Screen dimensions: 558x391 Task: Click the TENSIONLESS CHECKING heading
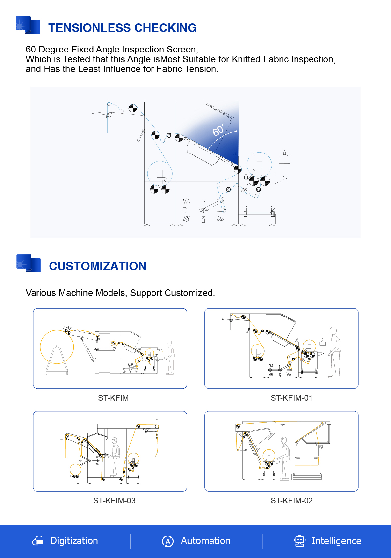(x=122, y=28)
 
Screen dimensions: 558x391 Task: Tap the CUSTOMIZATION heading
(x=97, y=266)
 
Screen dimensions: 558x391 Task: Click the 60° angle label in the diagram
(x=219, y=130)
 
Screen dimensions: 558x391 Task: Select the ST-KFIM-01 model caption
(x=291, y=398)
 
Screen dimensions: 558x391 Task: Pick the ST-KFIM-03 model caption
(x=114, y=501)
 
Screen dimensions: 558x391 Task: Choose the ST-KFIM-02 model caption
(x=291, y=501)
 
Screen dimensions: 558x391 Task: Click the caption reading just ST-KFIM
(x=113, y=398)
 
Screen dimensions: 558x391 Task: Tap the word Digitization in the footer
(x=74, y=541)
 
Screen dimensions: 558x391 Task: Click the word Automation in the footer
(x=206, y=541)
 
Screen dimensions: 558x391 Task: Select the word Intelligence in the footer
(x=336, y=541)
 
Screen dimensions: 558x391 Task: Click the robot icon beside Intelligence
(x=299, y=541)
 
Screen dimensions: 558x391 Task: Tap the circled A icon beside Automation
(x=168, y=541)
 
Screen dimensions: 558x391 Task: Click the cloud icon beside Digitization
(x=38, y=541)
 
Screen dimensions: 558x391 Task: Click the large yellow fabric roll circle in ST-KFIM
(x=57, y=347)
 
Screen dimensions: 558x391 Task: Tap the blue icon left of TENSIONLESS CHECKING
(x=28, y=25)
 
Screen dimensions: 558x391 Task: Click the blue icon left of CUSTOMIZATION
(x=28, y=263)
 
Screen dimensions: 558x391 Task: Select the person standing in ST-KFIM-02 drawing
(x=285, y=458)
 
